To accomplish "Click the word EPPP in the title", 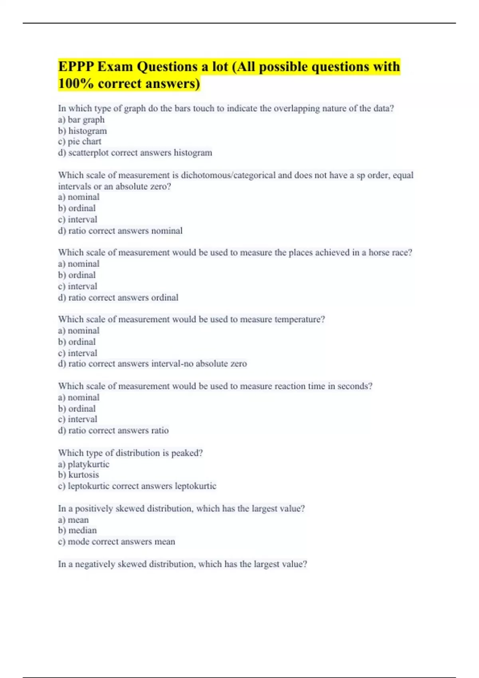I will (x=76, y=67).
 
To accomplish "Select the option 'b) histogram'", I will (x=82, y=131).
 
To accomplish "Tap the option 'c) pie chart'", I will (x=79, y=142).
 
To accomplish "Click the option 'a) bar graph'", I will (x=81, y=120).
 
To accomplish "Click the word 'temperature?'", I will (x=300, y=319).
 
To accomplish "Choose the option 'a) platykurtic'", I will (x=83, y=464).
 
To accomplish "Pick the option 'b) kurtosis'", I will (x=78, y=475).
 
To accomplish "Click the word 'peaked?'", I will (x=187, y=453).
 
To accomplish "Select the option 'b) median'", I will (x=77, y=530).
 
